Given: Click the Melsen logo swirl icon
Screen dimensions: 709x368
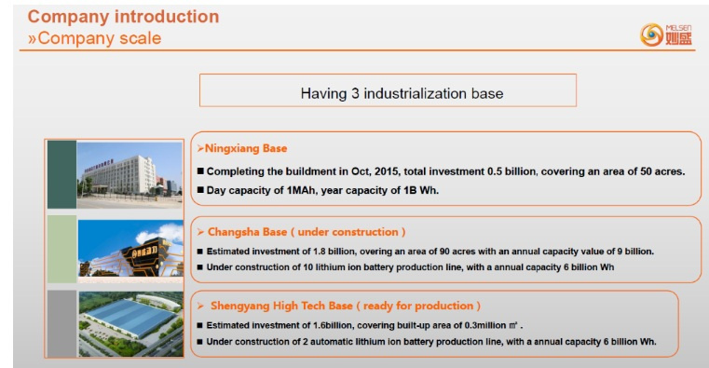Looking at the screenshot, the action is (651, 34).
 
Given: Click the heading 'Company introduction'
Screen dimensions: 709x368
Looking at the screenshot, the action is (123, 17).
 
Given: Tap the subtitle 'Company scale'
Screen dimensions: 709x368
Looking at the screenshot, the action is (100, 38).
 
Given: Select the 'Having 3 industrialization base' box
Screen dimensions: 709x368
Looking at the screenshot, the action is (388, 90).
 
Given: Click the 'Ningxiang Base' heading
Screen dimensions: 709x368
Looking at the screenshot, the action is (246, 148).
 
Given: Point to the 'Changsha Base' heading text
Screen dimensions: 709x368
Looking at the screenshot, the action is (247, 232).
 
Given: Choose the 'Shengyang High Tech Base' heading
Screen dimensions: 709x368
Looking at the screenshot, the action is (281, 306).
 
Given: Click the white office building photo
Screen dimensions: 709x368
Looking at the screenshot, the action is (130, 175).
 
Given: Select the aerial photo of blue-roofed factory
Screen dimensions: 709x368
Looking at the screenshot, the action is (131, 323).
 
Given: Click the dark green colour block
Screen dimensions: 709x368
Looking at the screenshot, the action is (61, 174).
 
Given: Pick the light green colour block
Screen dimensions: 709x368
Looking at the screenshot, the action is (61, 249).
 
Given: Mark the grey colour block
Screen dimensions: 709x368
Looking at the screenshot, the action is (61, 323).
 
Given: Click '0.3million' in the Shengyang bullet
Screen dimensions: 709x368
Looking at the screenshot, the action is (485, 325).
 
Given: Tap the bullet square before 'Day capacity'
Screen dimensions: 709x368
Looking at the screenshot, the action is (200, 190).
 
